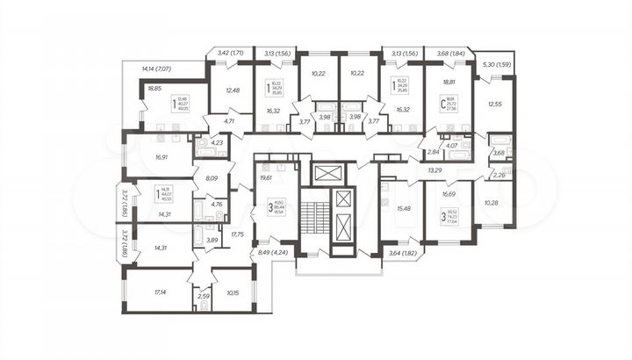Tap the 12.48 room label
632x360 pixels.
(x=232, y=89)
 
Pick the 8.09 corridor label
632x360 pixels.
(x=212, y=177)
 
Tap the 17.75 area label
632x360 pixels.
(x=238, y=234)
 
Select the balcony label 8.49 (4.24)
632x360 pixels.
(x=269, y=253)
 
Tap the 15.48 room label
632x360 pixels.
(x=404, y=208)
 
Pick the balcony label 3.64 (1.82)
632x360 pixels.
(x=404, y=253)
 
